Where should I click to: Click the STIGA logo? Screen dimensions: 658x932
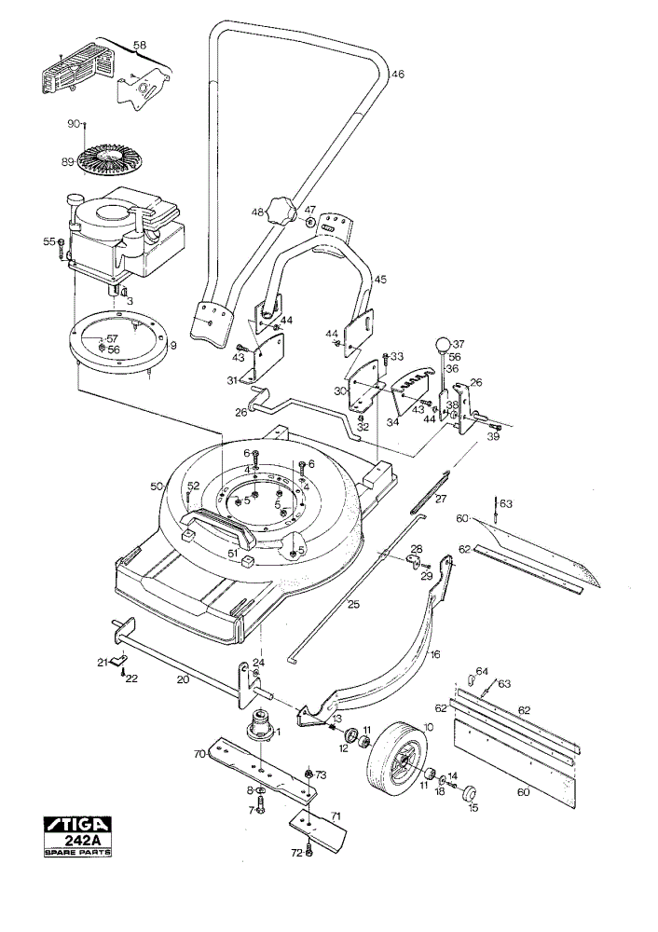(77, 825)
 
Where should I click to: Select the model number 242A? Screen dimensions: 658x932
(78, 841)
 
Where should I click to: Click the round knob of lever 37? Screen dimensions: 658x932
(443, 345)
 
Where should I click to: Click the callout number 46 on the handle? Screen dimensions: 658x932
(398, 75)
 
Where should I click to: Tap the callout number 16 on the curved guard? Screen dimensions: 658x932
(435, 654)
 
